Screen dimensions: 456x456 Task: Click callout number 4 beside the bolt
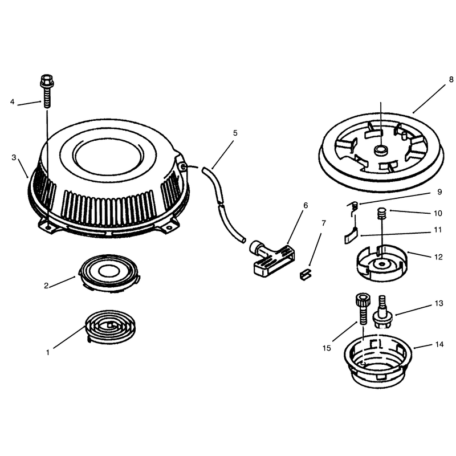(x=12, y=102)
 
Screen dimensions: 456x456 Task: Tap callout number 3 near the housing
(x=14, y=158)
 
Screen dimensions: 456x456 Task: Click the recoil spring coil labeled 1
(x=110, y=326)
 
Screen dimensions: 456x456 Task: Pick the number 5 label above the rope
(x=235, y=133)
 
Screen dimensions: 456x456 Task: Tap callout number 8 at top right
(x=451, y=79)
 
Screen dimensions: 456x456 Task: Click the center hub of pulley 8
(x=380, y=150)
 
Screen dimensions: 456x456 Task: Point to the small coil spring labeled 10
(x=381, y=214)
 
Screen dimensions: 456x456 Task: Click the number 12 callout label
(x=438, y=257)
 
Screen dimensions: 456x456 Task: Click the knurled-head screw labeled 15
(x=363, y=309)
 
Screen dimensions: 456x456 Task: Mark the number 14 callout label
(x=439, y=345)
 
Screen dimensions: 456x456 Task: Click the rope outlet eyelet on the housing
(x=184, y=166)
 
